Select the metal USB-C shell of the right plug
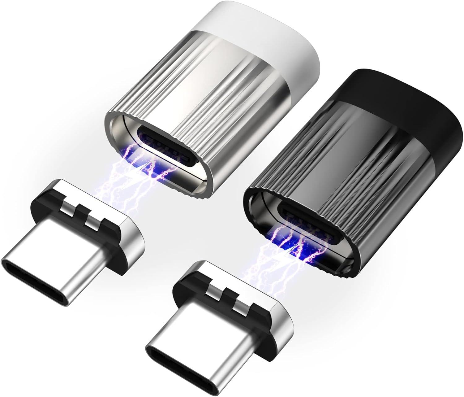click(198, 334)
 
